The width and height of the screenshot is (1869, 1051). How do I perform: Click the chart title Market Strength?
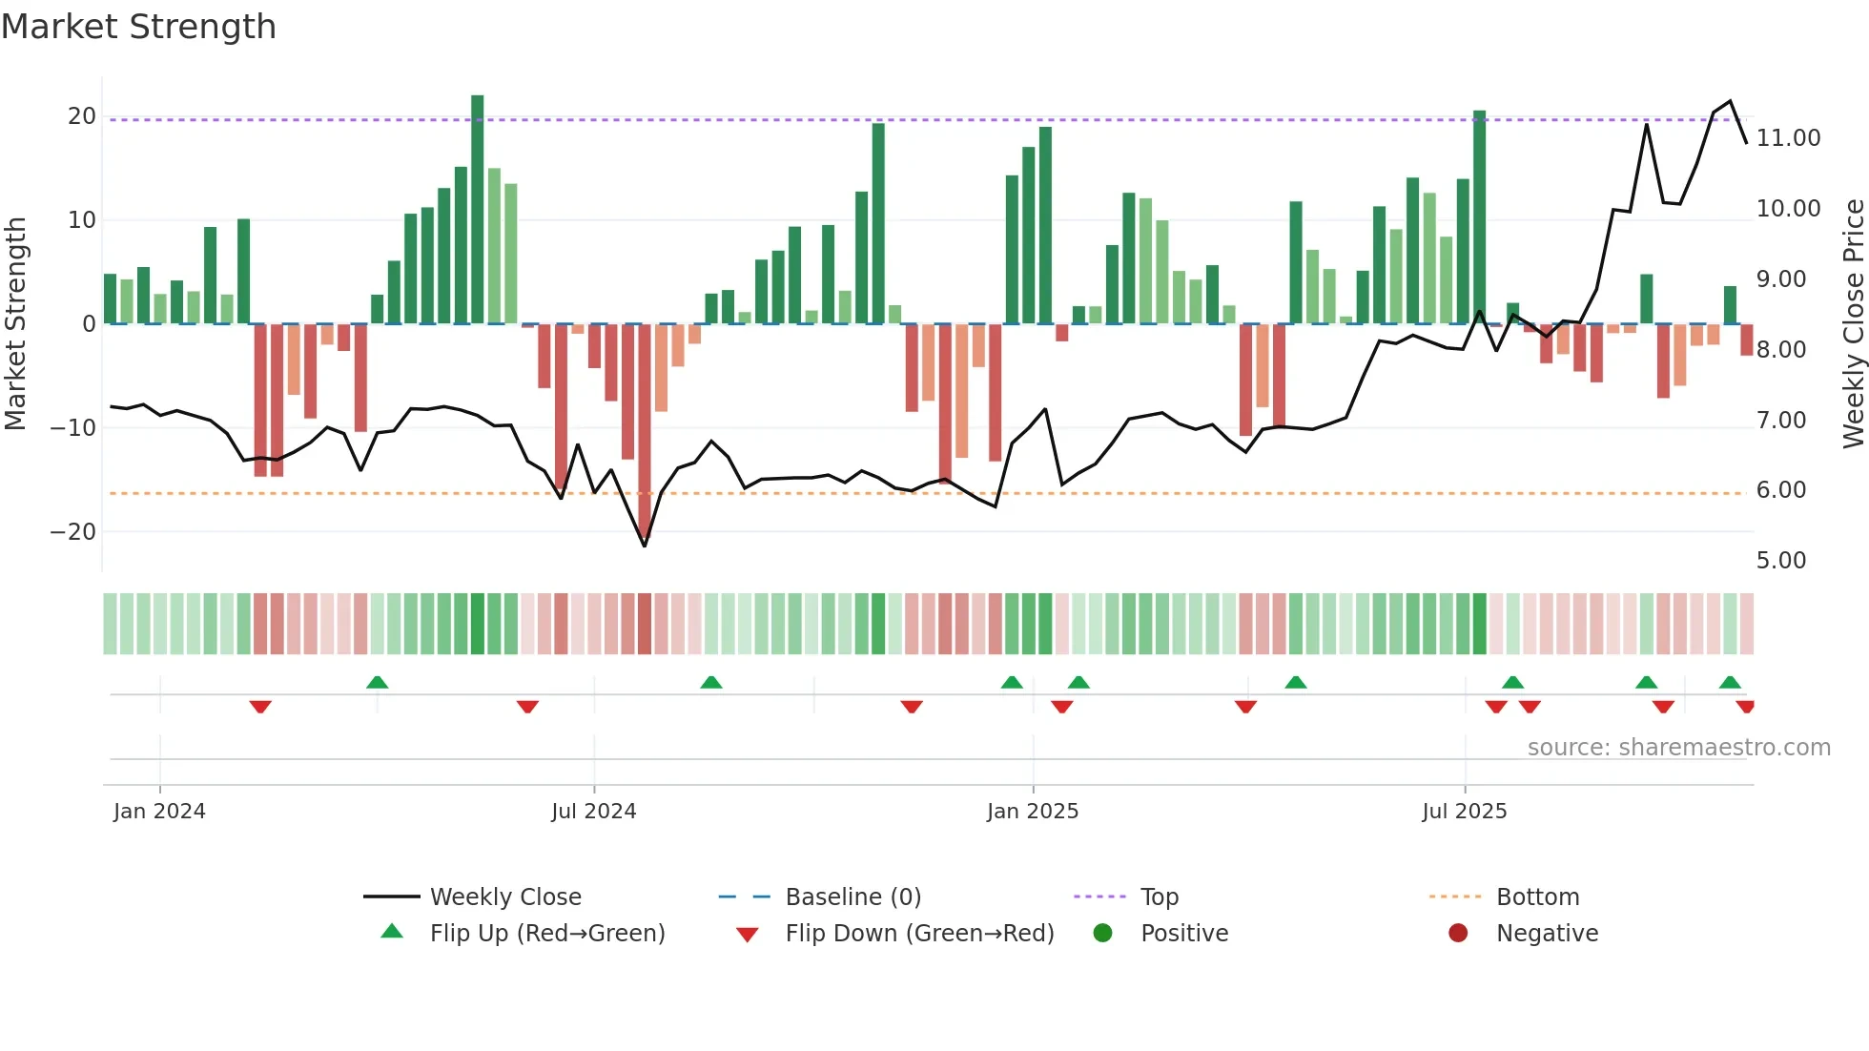[x=138, y=27]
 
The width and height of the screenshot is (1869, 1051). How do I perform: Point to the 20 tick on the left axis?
[x=81, y=116]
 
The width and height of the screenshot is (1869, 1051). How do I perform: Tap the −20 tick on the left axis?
[x=73, y=531]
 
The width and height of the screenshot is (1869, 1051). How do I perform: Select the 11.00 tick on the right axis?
[x=1788, y=138]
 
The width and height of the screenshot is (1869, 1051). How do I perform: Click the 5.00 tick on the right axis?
[x=1780, y=561]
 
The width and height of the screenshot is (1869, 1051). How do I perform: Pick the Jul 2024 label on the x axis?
[x=593, y=812]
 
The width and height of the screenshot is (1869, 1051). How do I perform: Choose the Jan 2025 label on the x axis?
[x=1032, y=812]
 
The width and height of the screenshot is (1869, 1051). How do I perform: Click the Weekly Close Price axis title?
[x=1853, y=323]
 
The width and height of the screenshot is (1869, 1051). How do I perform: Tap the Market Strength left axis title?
[x=16, y=323]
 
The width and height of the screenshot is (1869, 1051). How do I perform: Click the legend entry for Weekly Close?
[x=504, y=897]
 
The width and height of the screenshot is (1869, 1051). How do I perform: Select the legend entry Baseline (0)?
[x=852, y=897]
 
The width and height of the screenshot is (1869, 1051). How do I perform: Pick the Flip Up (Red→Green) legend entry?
[x=546, y=934]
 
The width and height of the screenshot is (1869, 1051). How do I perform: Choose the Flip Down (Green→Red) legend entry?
[x=919, y=934]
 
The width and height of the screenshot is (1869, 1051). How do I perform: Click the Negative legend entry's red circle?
[x=1457, y=934]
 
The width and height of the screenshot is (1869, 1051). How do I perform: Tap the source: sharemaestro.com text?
[x=1678, y=748]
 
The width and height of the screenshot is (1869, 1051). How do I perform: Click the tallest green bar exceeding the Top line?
[x=477, y=210]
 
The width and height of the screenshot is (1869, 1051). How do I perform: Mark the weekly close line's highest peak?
[x=1730, y=101]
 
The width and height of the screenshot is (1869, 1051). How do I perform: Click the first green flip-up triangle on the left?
[x=377, y=682]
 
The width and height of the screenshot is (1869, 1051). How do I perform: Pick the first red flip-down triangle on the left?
[x=260, y=707]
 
